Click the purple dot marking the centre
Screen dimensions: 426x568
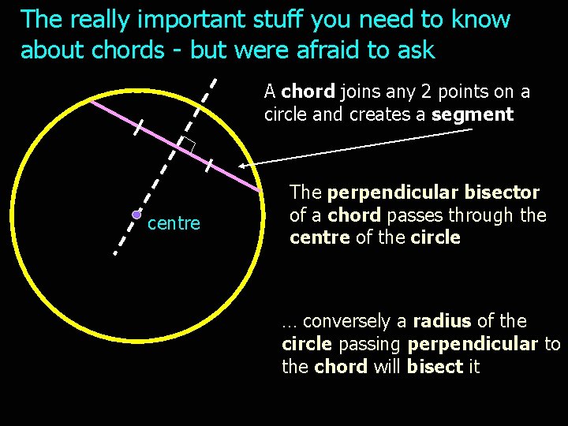(136, 214)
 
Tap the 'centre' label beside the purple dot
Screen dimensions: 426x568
(174, 224)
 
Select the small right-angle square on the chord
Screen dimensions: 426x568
(187, 144)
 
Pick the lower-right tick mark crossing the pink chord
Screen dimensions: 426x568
(209, 165)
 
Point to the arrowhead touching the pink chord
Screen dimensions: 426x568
(242, 166)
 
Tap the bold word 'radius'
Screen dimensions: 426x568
(442, 321)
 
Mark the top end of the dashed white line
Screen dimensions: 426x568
(218, 79)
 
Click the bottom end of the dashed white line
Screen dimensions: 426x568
(114, 254)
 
